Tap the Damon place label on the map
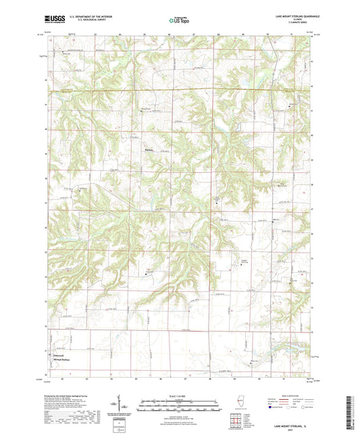point(149,149)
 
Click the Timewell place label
point(55,354)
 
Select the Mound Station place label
point(59,359)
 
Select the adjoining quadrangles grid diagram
point(236,423)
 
